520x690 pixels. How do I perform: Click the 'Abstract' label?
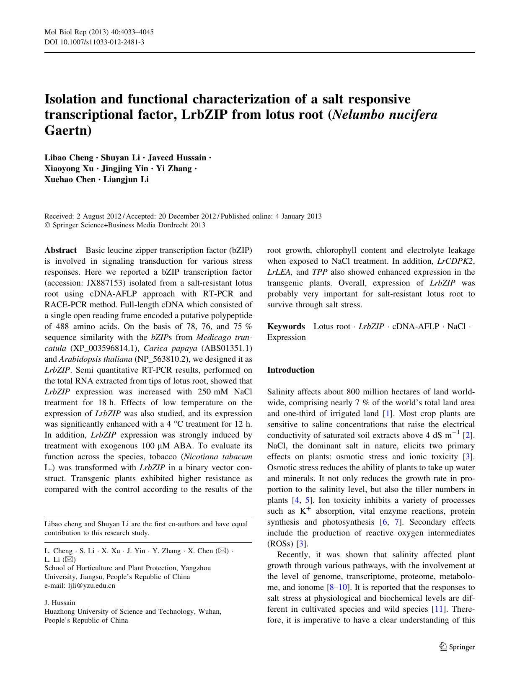point(61,250)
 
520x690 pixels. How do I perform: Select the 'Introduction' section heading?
point(291,370)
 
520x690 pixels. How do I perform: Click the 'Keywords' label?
point(286,327)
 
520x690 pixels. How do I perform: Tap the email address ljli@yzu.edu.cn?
point(91,586)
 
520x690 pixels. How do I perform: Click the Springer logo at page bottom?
point(457,647)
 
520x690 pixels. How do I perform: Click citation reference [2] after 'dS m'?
point(468,435)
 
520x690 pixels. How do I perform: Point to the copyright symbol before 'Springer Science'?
point(47,225)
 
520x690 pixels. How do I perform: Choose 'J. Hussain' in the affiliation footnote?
point(60,603)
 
